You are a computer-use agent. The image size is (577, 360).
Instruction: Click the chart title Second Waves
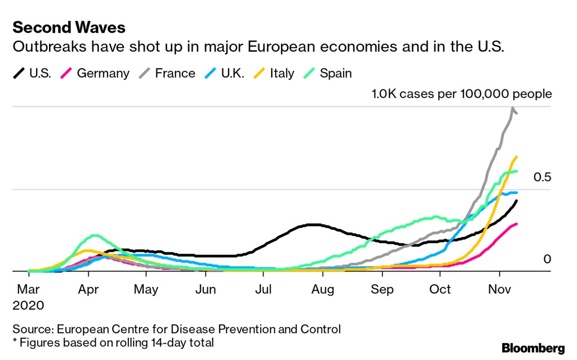(x=69, y=28)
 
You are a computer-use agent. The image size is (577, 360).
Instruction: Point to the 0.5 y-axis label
(x=542, y=177)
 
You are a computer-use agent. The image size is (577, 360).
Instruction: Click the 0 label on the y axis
(x=546, y=259)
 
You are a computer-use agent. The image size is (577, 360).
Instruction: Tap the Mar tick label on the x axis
(x=29, y=290)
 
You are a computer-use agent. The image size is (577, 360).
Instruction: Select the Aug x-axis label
(x=322, y=290)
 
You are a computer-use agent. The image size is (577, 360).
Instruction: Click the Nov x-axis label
(x=499, y=290)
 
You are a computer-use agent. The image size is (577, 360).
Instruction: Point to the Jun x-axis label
(x=205, y=290)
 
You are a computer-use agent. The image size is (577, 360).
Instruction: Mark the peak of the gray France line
(x=512, y=108)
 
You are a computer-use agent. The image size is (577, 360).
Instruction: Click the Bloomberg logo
(x=533, y=348)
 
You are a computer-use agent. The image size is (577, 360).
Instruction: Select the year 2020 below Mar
(x=29, y=306)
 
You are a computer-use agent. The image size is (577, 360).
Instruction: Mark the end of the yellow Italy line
(x=517, y=157)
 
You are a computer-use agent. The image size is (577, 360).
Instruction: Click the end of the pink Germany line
(x=517, y=224)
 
